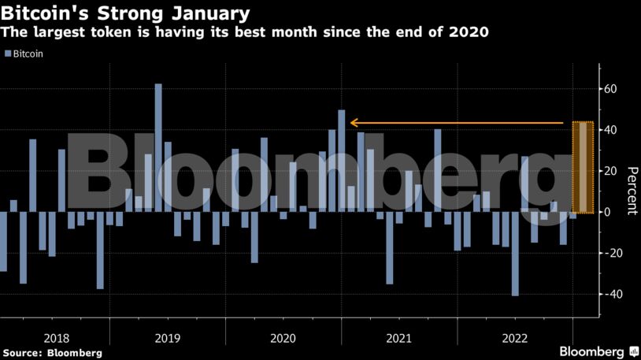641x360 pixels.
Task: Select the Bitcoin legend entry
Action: pos(24,54)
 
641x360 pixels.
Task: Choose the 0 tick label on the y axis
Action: pos(606,212)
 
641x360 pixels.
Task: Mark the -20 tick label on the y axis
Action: pos(608,253)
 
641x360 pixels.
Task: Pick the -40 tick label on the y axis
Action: pos(608,294)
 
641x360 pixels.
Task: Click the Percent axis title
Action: pos(631,191)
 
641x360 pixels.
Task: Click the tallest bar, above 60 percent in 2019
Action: pos(158,147)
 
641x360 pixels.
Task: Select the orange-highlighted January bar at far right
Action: pos(582,167)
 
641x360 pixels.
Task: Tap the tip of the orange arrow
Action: pos(352,123)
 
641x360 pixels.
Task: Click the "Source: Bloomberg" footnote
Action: pos(52,353)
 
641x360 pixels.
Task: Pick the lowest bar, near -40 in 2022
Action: pos(515,254)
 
